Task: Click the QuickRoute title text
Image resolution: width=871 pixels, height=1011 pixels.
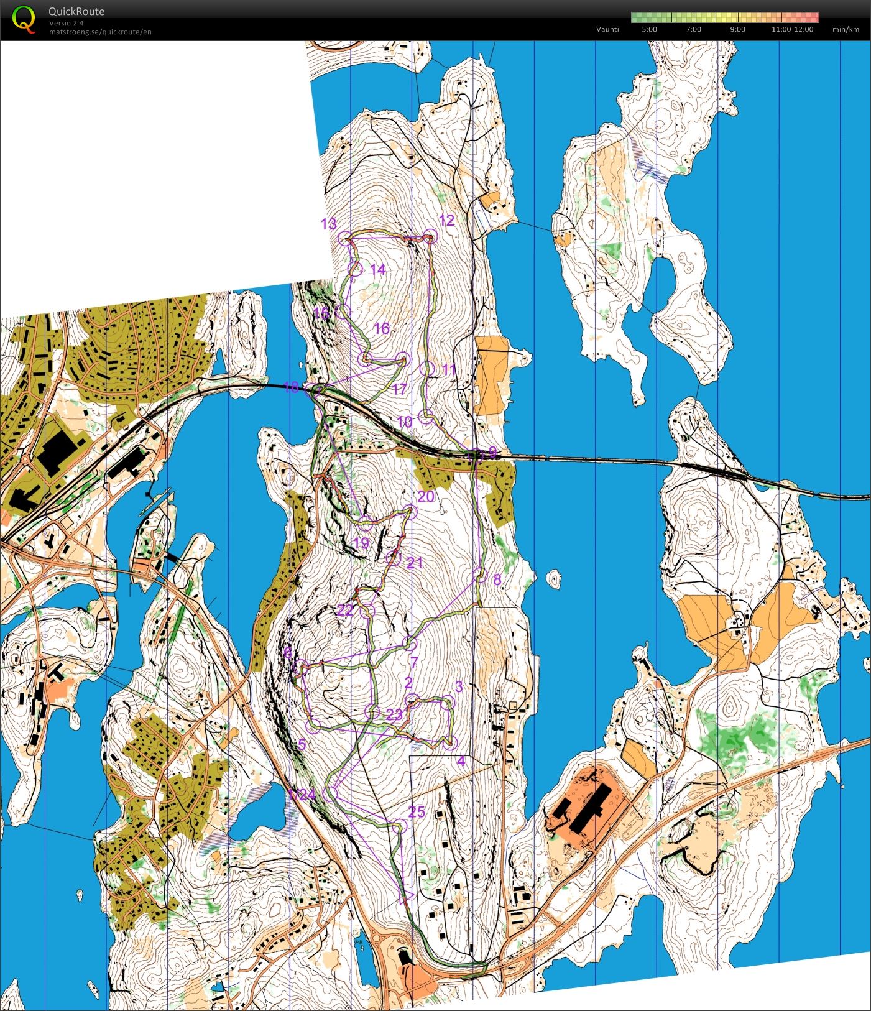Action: tap(76, 11)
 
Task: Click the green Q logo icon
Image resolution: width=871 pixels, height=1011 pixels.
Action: tap(24, 18)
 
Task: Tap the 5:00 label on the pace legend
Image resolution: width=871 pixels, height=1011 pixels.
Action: tap(649, 29)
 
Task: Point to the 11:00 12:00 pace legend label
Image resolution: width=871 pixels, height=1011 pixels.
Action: tap(792, 29)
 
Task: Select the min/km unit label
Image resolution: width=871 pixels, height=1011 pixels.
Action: tap(846, 29)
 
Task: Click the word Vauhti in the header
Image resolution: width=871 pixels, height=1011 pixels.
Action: tap(607, 29)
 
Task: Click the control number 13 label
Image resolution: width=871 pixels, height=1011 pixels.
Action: tap(328, 224)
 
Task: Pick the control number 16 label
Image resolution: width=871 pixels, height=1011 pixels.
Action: tap(382, 328)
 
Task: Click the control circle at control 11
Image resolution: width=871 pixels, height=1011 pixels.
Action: tap(426, 368)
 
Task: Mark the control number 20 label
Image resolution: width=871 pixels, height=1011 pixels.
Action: tap(426, 496)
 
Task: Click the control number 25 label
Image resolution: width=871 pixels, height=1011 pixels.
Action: tap(417, 811)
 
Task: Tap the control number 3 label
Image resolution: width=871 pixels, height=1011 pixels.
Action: tap(459, 686)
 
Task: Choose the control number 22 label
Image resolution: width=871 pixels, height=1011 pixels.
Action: tap(345, 611)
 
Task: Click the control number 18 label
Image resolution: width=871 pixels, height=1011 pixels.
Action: tap(291, 387)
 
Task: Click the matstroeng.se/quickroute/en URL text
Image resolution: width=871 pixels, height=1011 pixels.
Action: tap(100, 32)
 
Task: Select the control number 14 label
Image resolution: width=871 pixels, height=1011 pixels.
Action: tap(377, 269)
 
